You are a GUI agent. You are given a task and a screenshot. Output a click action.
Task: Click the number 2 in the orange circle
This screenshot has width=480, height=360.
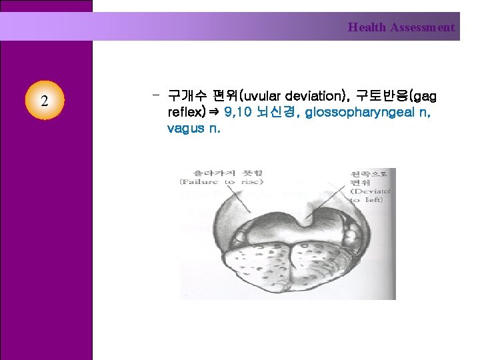pos(44,101)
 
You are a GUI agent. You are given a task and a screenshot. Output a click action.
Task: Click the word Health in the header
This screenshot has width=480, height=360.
pos(367,27)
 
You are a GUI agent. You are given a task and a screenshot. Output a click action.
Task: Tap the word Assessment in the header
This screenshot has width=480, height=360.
pos(423,27)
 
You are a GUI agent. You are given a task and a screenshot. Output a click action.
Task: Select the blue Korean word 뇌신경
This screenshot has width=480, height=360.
pos(281,112)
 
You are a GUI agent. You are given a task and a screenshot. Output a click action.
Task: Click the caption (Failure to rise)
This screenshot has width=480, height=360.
pos(221,181)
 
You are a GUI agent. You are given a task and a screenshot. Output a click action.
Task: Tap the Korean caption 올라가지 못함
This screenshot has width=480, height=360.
pos(221,172)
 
